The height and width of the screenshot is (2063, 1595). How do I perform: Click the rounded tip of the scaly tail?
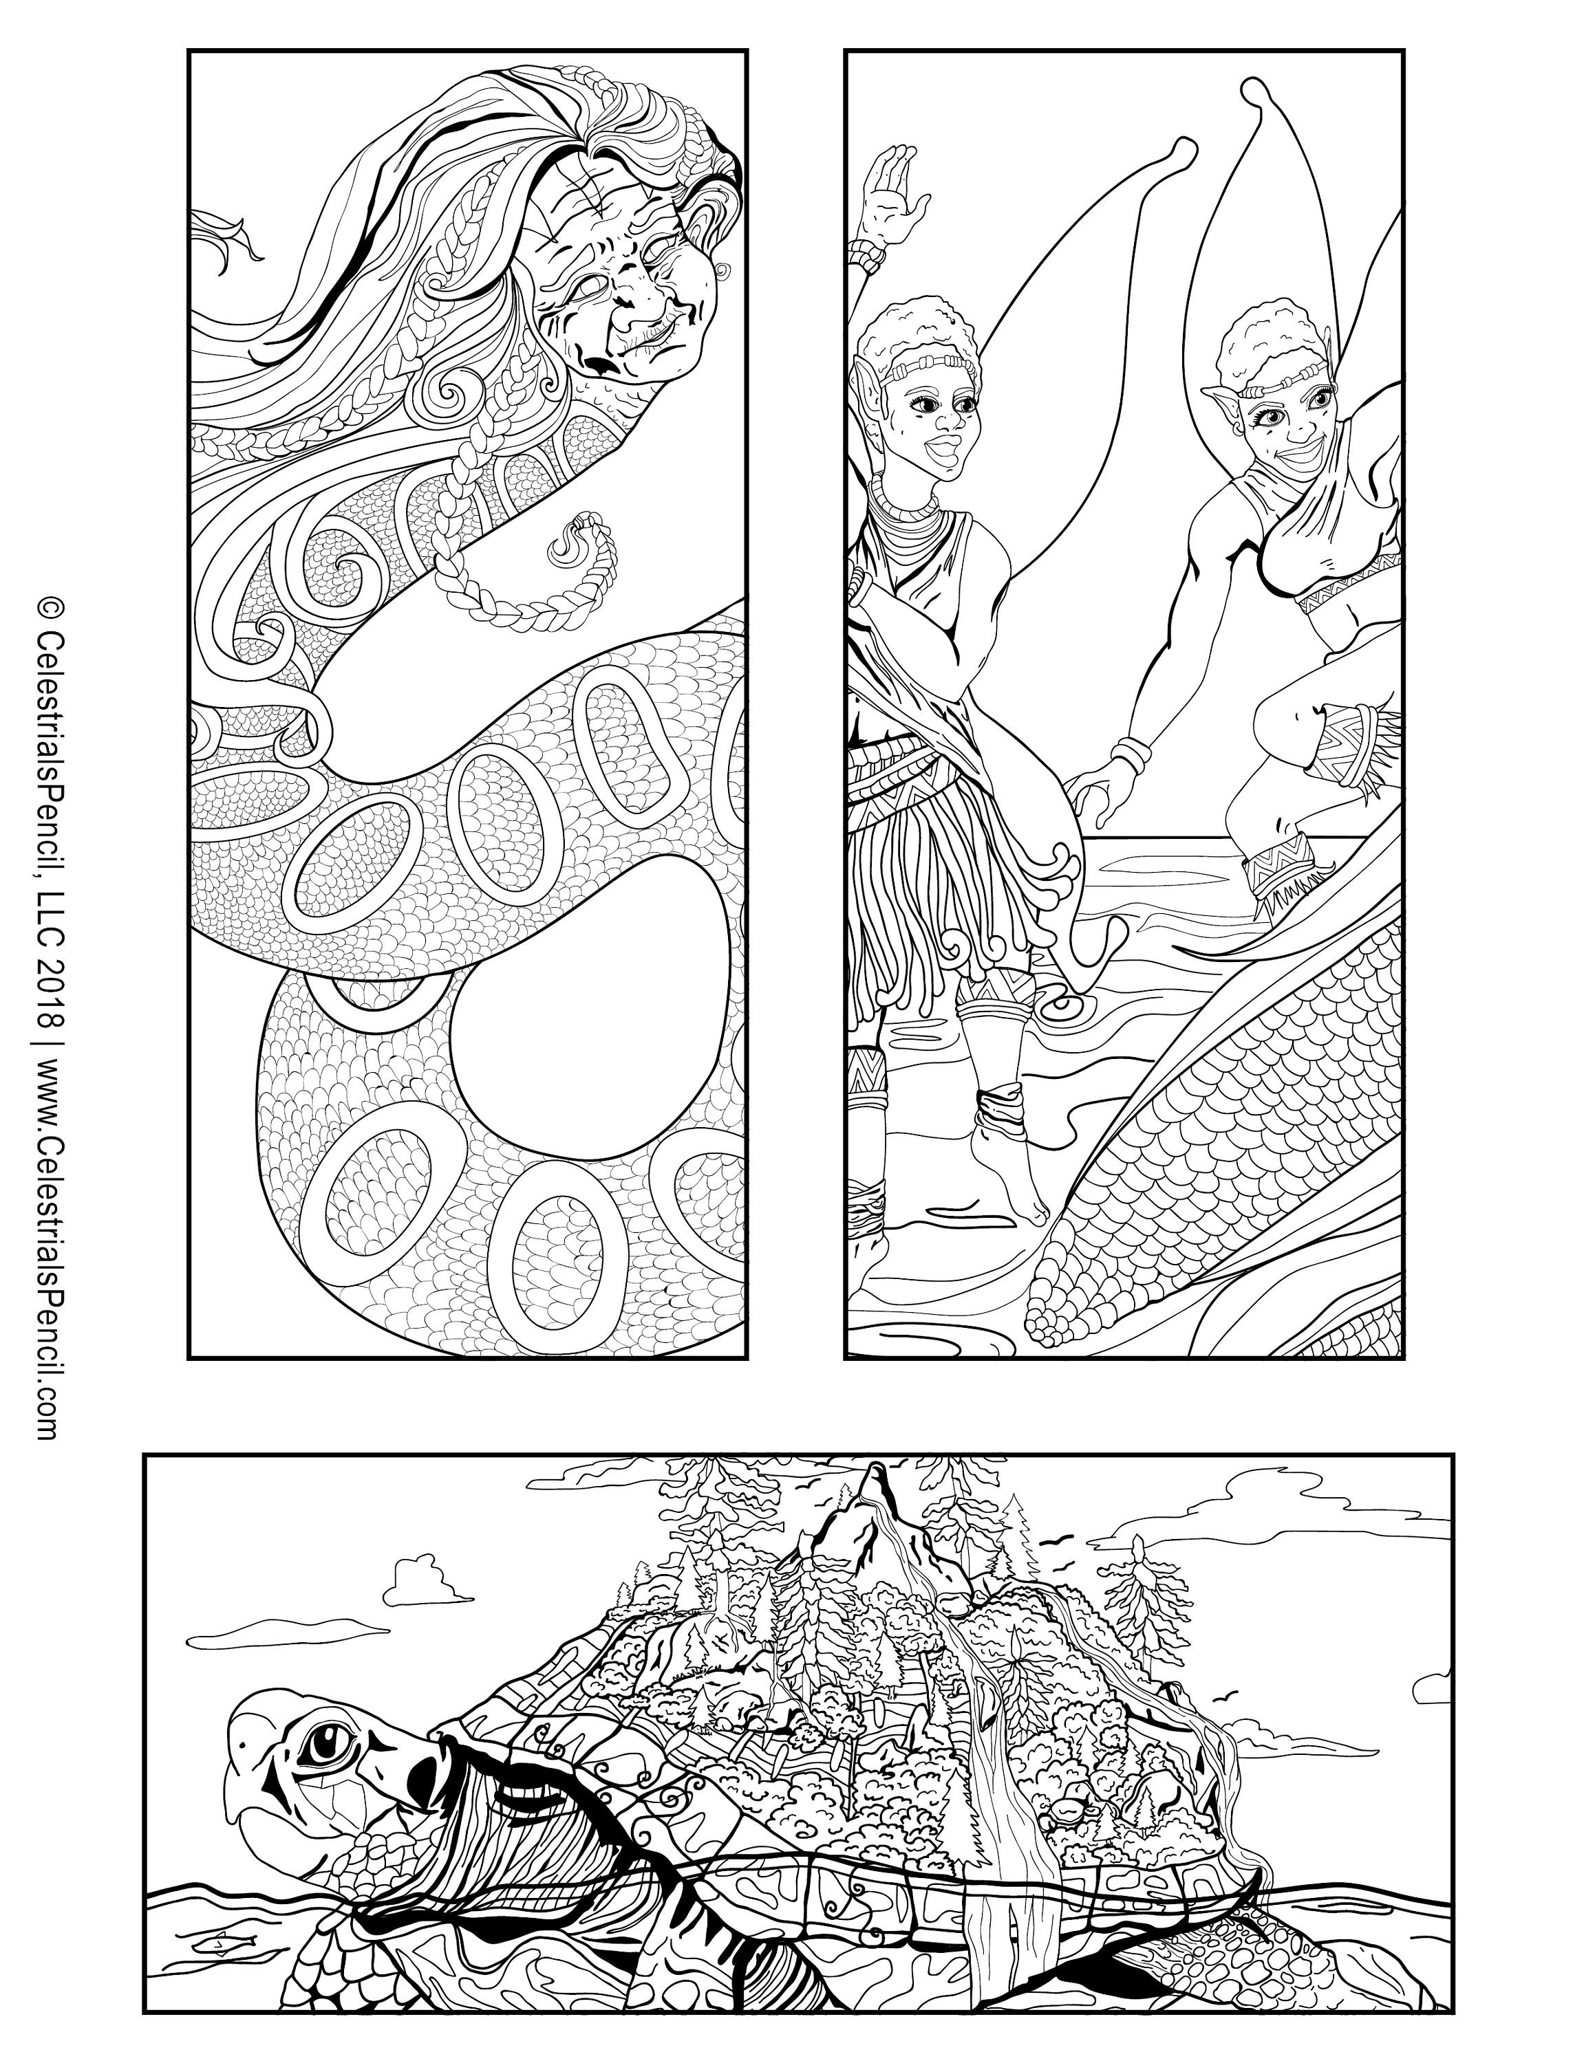(1043, 1322)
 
